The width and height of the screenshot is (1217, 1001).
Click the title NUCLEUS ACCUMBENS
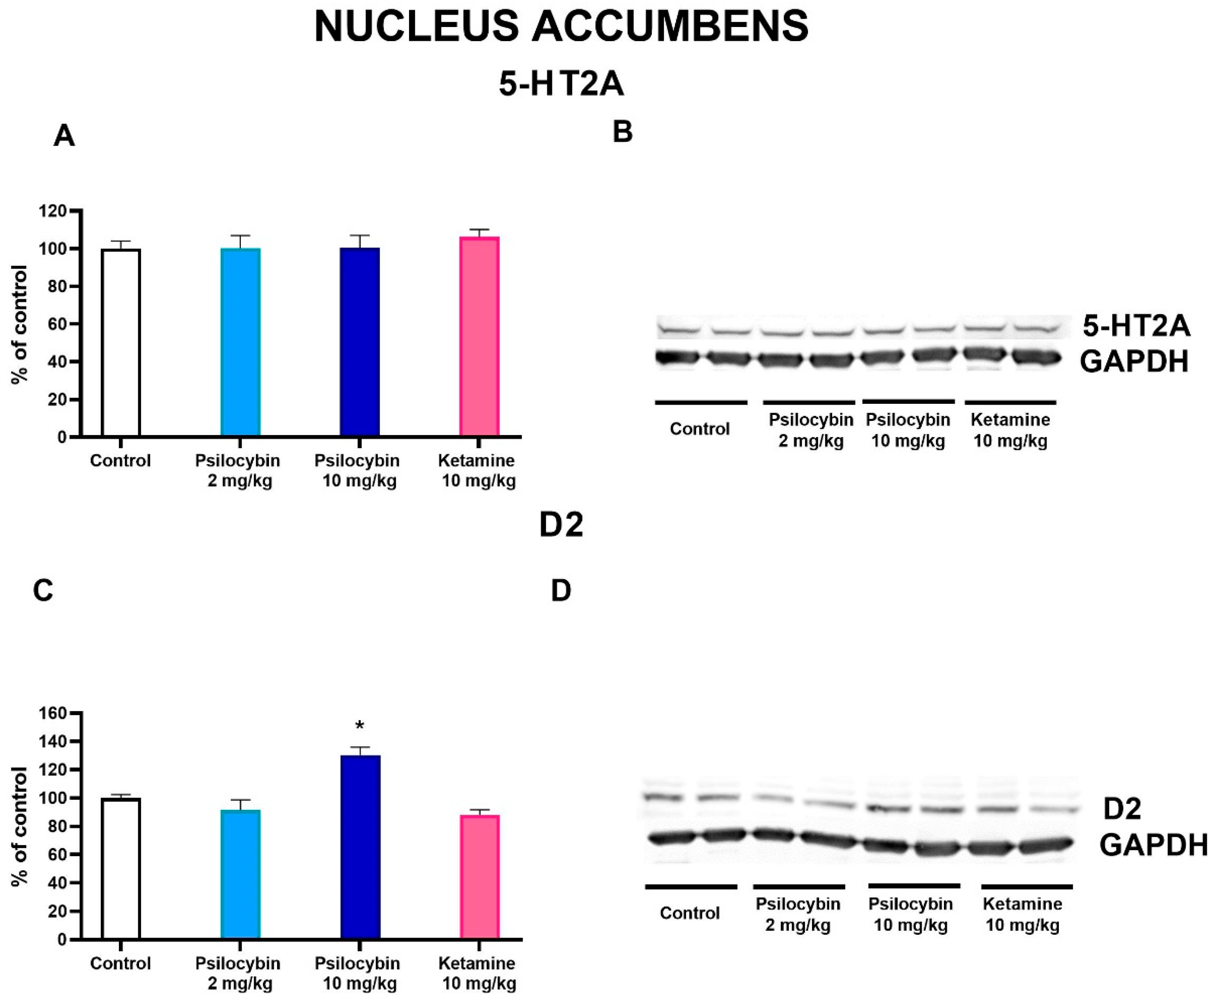(x=561, y=27)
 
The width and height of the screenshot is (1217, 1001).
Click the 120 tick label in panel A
(x=53, y=211)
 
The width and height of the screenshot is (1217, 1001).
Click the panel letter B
(x=623, y=132)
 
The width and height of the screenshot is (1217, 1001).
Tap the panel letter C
(x=44, y=591)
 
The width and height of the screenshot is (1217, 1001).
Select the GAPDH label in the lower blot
(x=1153, y=846)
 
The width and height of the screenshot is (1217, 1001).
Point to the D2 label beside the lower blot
(x=1122, y=809)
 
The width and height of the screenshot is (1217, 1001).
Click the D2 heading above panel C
(x=561, y=525)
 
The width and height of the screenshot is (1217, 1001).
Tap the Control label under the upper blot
(x=699, y=429)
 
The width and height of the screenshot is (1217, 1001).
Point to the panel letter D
(x=561, y=591)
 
